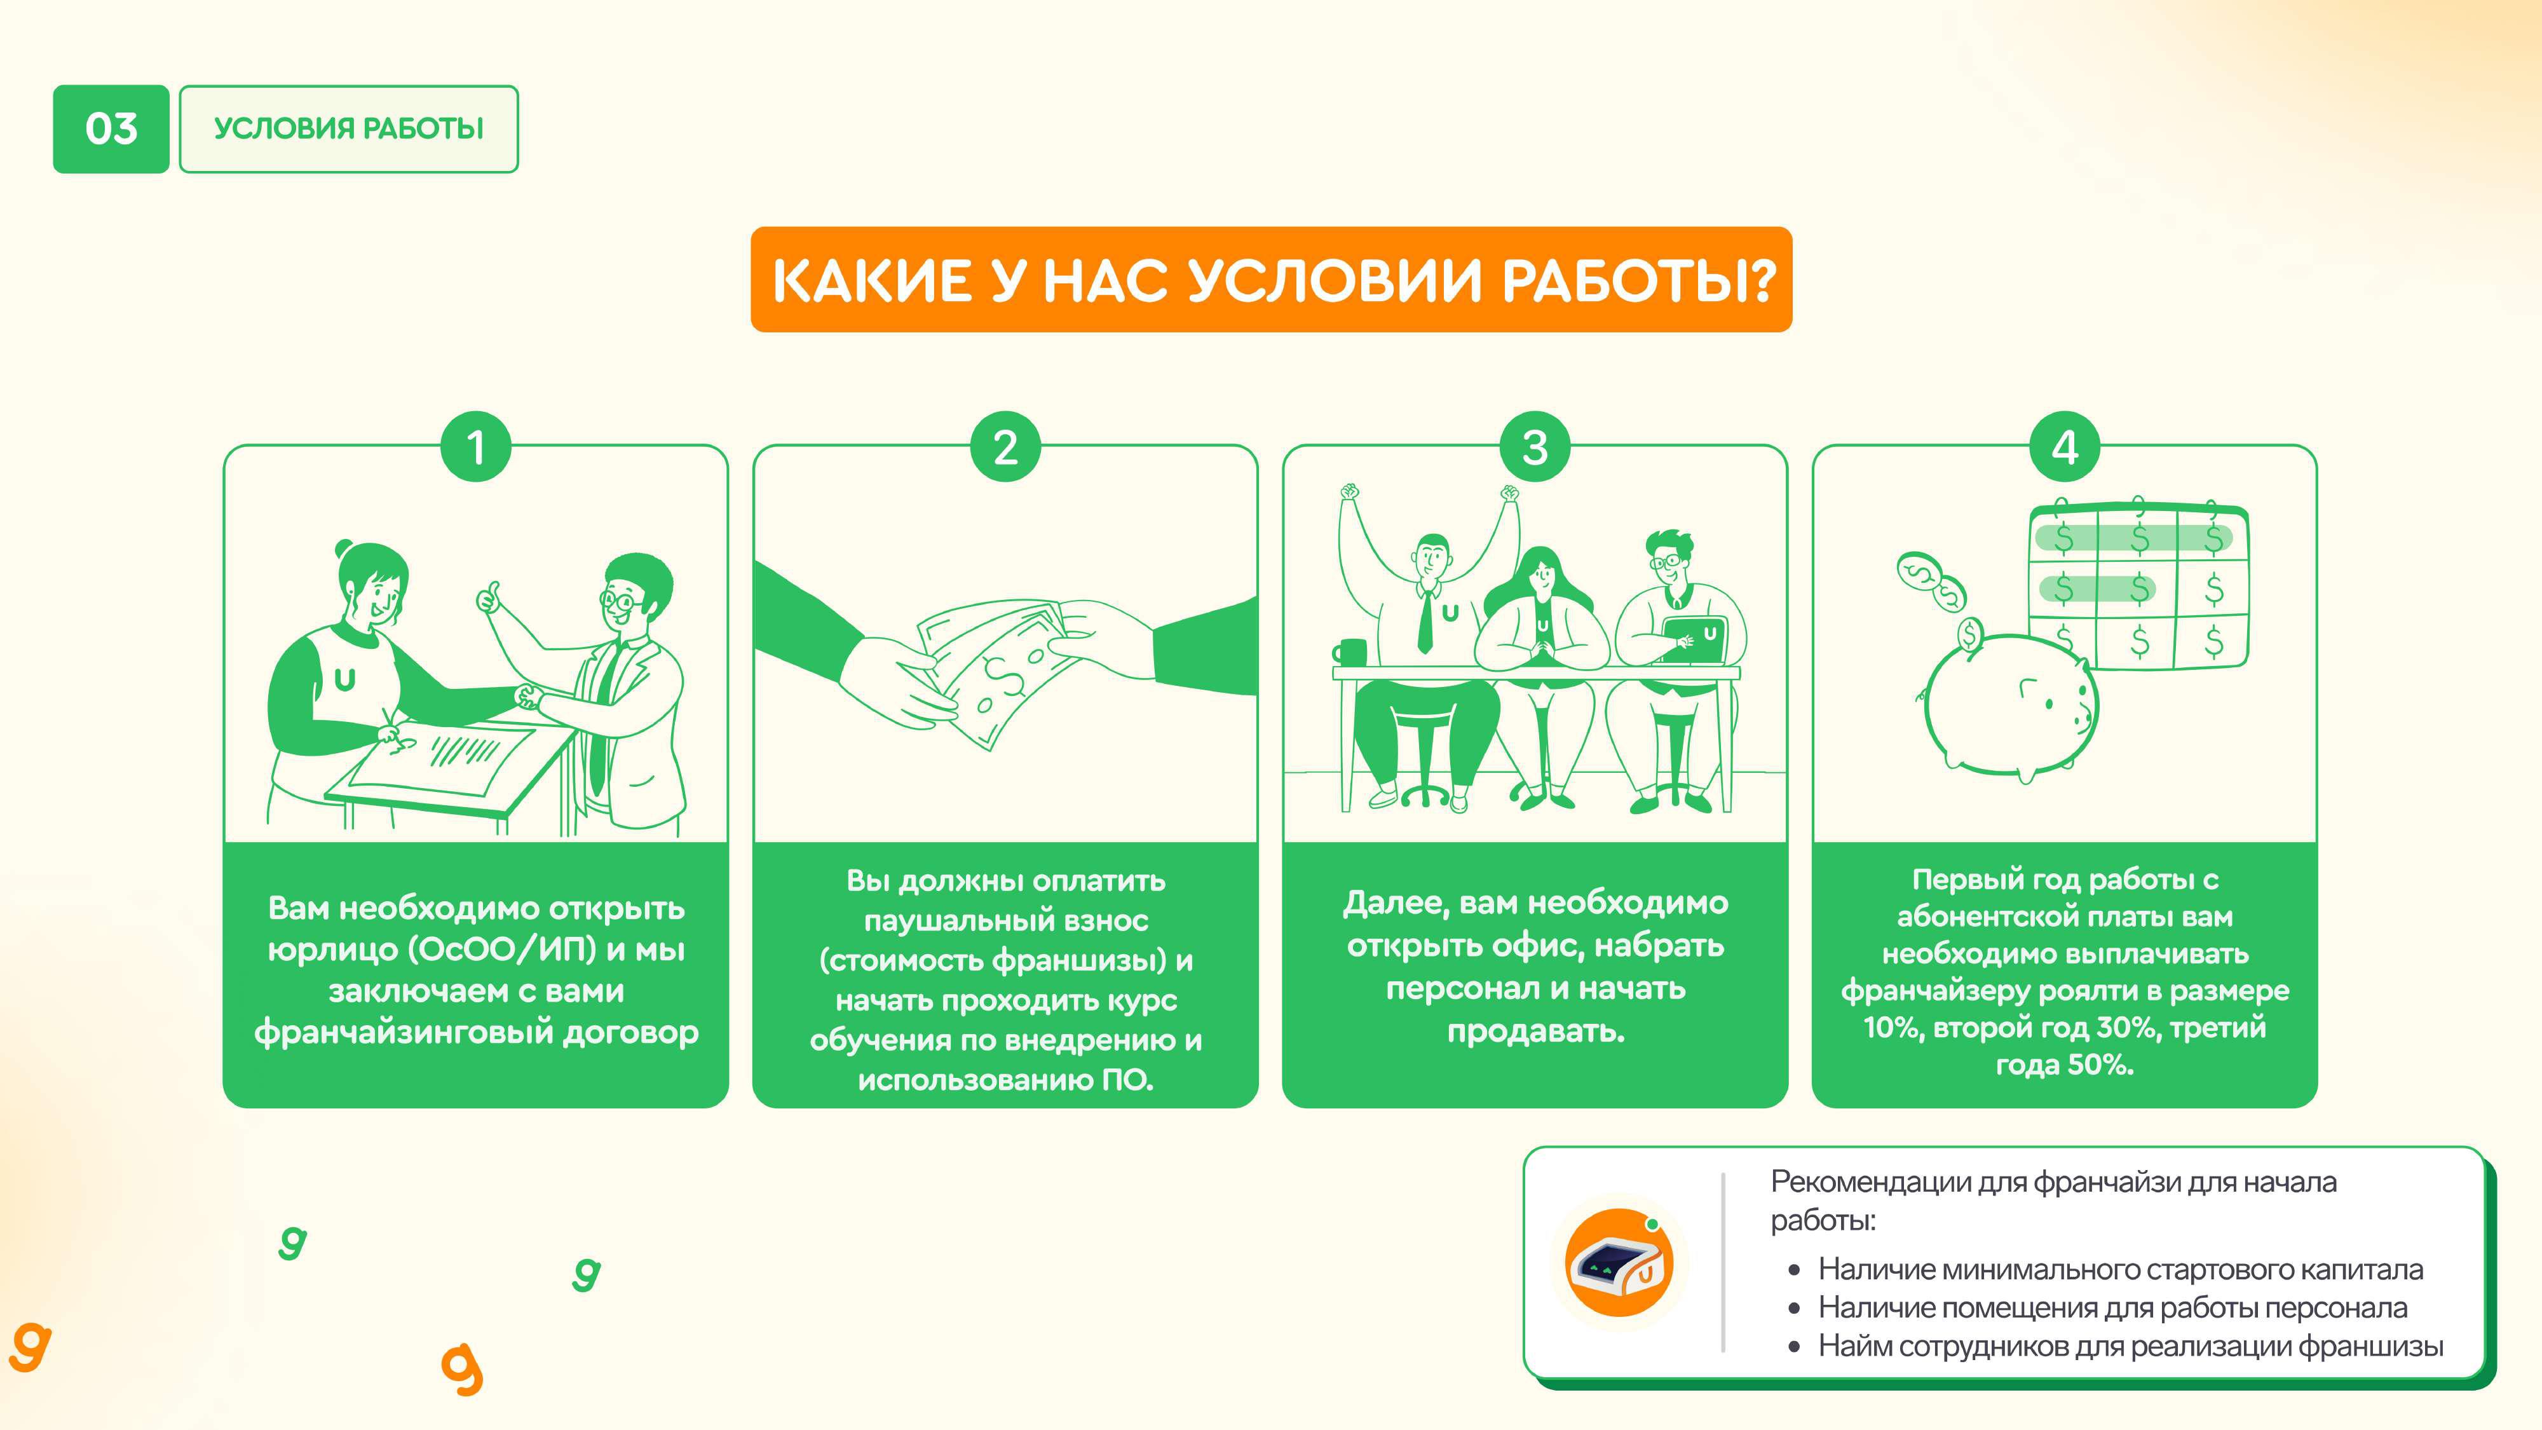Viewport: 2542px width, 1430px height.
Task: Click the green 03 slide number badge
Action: tap(111, 129)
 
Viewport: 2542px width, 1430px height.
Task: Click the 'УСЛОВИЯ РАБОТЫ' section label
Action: tap(348, 129)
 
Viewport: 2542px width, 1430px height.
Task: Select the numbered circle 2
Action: tap(1005, 447)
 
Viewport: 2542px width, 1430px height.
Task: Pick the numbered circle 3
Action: tap(1535, 447)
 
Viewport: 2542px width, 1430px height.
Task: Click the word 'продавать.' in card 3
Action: tap(1535, 1032)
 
